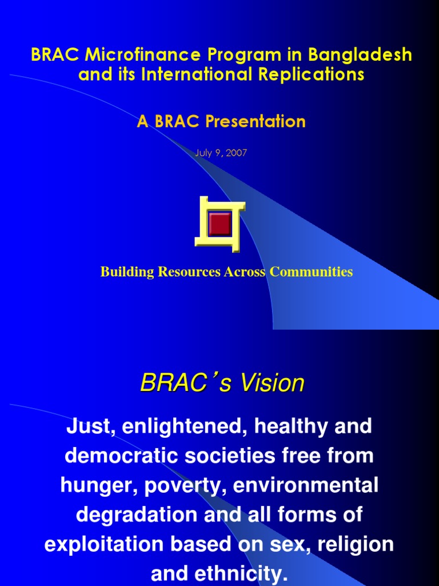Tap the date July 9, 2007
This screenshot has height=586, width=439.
[x=221, y=153]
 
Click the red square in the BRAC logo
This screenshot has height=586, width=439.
[x=219, y=224]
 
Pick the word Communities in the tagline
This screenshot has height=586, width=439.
[x=311, y=272]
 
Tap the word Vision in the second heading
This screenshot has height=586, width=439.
[x=272, y=383]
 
